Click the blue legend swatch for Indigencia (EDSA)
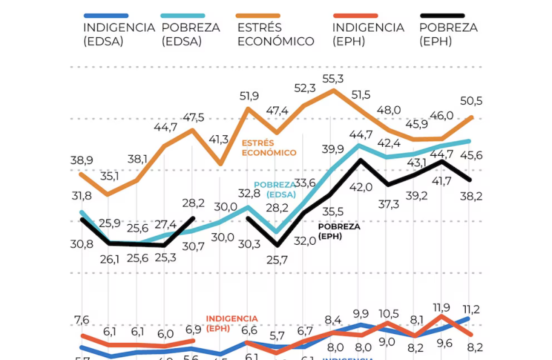pos(106,15)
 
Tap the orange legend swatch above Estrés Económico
pos(258,15)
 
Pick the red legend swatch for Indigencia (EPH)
pos(355,15)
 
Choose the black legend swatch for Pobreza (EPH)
pos(442,15)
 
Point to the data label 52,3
pos(304,88)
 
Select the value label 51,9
pos(249,95)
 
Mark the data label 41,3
pos(219,139)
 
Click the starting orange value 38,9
pos(82,160)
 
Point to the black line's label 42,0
pos(361,186)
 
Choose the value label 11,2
pos(471,308)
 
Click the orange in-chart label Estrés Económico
pos(268,148)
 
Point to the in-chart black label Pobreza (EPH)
pos(339,230)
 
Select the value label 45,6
pos(471,156)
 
